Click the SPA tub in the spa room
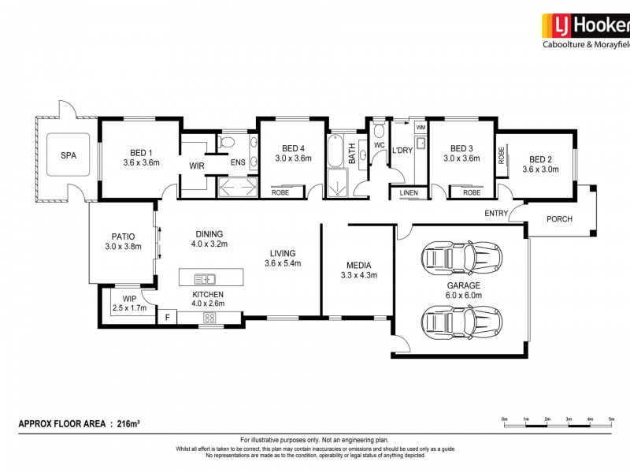click(x=68, y=155)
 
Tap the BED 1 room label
click(x=141, y=153)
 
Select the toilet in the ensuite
click(x=226, y=143)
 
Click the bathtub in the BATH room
click(x=335, y=151)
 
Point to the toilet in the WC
click(x=379, y=128)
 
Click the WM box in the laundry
click(x=421, y=128)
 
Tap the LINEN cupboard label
click(x=409, y=193)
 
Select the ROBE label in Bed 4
click(x=280, y=192)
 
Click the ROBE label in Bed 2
click(x=501, y=155)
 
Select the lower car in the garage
click(x=461, y=322)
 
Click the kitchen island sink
click(x=205, y=279)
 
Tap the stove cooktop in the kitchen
click(x=209, y=318)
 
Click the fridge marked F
click(x=167, y=317)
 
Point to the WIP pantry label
click(x=129, y=299)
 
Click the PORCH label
click(x=559, y=219)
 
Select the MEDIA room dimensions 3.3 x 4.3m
click(x=359, y=275)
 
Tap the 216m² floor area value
click(x=128, y=423)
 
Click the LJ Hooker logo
click(x=586, y=31)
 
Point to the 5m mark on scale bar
click(x=611, y=419)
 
